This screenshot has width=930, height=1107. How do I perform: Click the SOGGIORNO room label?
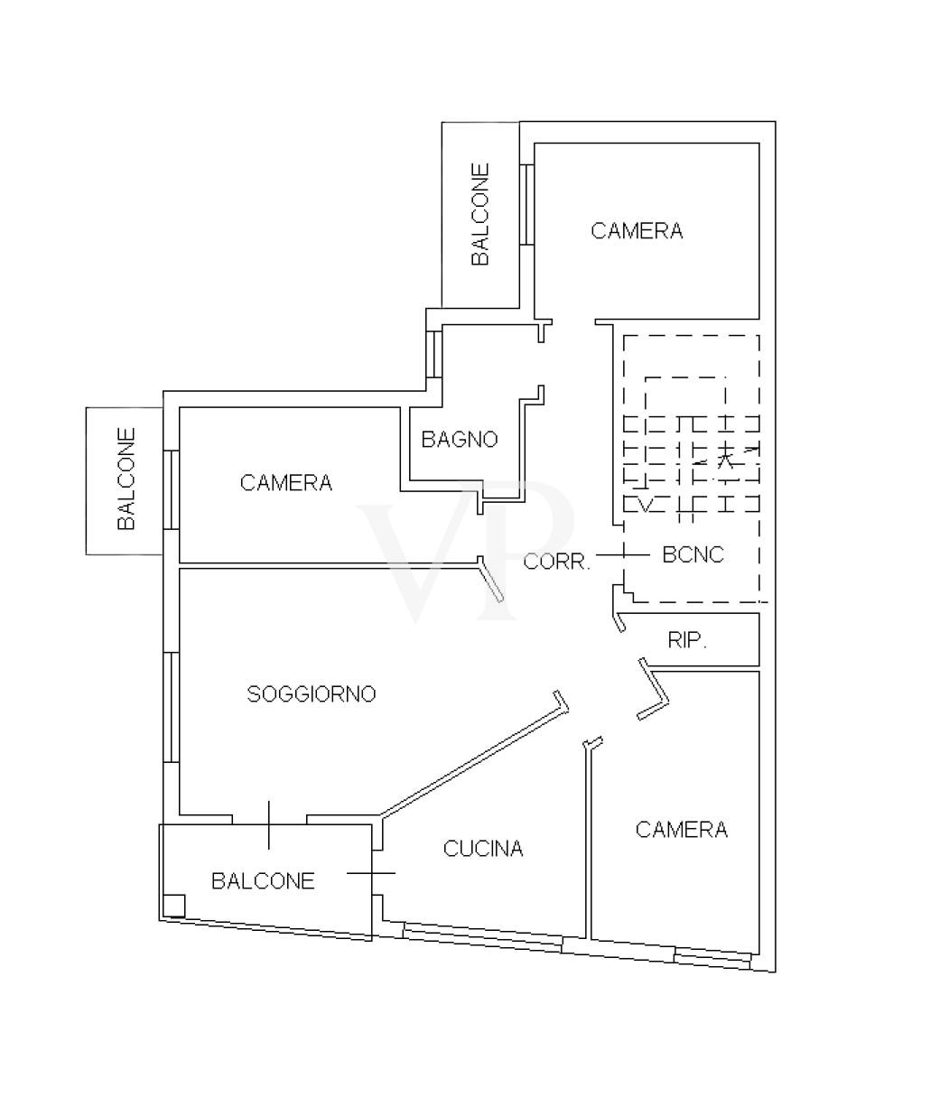312,693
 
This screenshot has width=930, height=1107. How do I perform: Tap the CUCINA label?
483,848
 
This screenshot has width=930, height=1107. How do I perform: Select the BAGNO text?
460,440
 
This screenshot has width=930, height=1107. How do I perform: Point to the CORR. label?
557,561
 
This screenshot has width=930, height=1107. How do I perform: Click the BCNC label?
693,554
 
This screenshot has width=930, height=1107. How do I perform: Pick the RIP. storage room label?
687,640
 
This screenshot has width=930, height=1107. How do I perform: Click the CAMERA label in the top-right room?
637,231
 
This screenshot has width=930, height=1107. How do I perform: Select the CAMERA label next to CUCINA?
682,829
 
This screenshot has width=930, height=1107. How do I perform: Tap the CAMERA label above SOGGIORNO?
286,483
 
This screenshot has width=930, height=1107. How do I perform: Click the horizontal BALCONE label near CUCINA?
263,880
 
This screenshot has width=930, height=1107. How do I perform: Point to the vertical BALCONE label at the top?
480,214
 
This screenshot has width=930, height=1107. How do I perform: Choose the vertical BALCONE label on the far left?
126,479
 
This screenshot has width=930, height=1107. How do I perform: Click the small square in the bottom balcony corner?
174,905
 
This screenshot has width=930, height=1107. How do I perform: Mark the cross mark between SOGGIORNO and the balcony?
269,824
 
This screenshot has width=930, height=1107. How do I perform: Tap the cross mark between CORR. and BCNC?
622,554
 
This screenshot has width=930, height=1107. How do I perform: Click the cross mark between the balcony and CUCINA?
371,872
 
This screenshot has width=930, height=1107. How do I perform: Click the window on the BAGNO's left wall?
436,353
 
